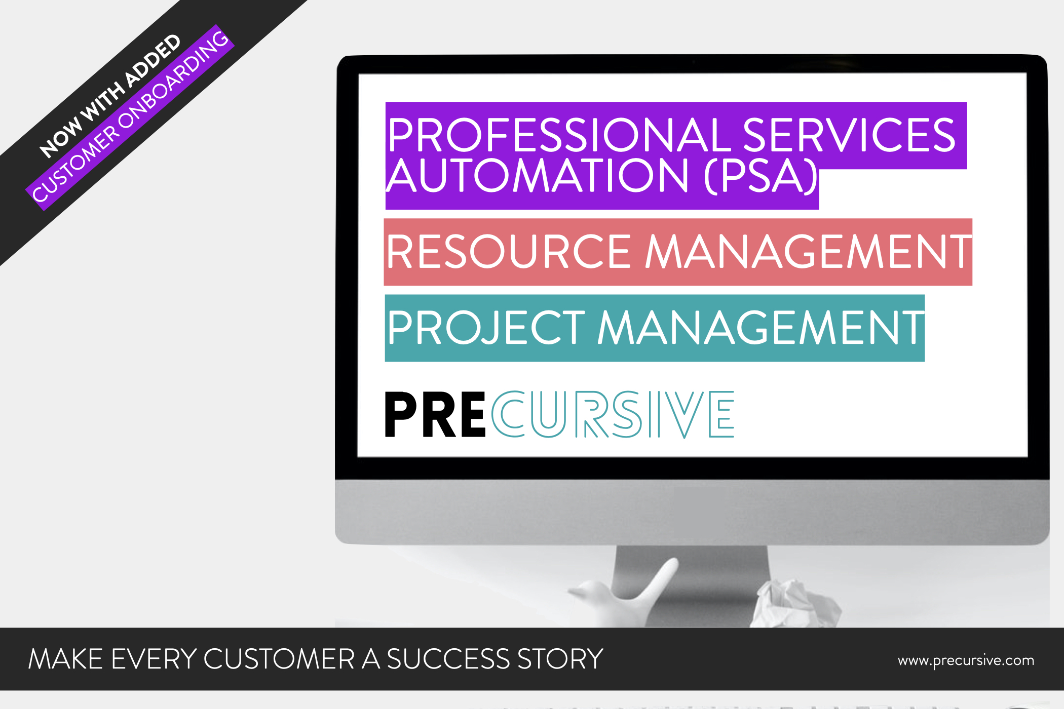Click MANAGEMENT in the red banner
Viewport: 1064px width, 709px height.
coord(808,252)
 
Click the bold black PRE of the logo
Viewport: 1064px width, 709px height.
coord(435,415)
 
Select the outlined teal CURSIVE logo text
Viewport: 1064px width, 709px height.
coord(613,415)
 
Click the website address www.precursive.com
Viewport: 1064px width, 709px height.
coord(966,660)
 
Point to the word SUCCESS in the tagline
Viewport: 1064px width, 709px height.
coord(448,659)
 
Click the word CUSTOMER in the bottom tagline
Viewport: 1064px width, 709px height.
coord(279,659)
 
